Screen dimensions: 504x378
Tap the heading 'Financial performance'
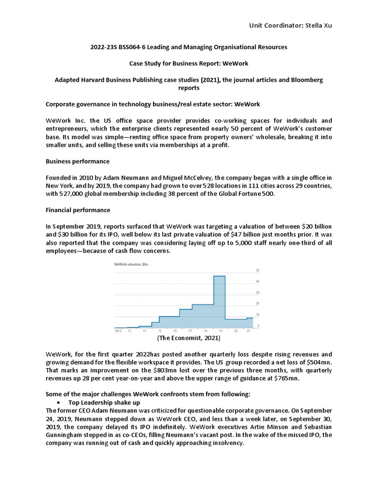[78, 210]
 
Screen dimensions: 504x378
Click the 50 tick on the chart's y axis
[258, 271]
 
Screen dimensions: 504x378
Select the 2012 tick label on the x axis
[118, 331]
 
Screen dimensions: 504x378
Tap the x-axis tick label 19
[220, 331]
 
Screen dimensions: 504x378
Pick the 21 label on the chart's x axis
[249, 331]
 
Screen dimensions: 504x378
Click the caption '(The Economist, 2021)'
[189, 339]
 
